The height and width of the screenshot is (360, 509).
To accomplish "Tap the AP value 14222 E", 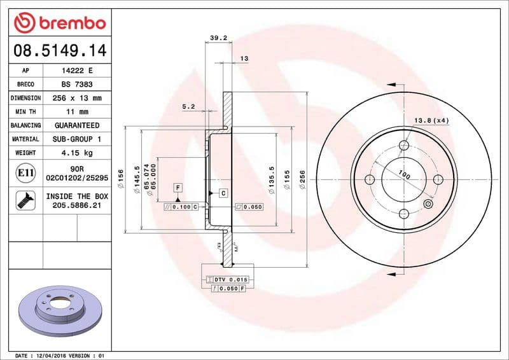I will click(76, 71).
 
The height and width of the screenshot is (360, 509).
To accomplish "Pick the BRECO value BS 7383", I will click(76, 84).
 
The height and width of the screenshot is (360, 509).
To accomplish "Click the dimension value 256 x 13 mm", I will click(76, 98).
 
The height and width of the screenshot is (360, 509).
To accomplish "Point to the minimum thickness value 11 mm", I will click(76, 112).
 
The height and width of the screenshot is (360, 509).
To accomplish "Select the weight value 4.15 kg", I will click(76, 153).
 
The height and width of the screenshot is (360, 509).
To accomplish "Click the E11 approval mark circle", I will click(25, 172).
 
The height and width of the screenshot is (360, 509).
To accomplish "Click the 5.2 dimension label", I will click(188, 107).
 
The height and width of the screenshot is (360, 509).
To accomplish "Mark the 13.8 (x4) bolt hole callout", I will click(432, 120).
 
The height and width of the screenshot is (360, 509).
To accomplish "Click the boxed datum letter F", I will click(178, 187).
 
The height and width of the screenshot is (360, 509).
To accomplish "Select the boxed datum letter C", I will click(223, 192).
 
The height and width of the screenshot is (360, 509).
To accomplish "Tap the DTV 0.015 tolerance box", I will click(229, 280).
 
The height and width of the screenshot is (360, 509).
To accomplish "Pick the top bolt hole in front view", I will click(403, 146).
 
